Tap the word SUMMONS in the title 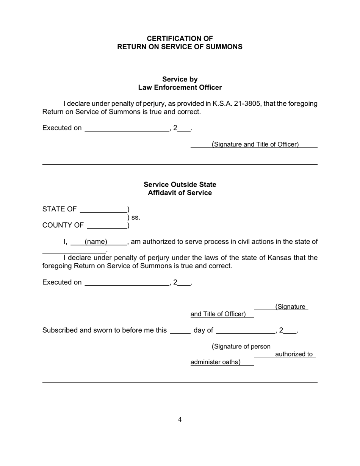[x=225, y=47]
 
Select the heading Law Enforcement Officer [x=180, y=88]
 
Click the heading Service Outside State [x=180, y=185]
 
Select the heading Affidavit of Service [x=180, y=193]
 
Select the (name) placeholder [x=96, y=242]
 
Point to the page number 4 [x=180, y=419]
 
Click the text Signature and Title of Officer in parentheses [x=255, y=144]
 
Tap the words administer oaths [x=215, y=362]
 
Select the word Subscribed [x=59, y=330]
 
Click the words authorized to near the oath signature [x=294, y=354]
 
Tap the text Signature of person [x=241, y=346]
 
